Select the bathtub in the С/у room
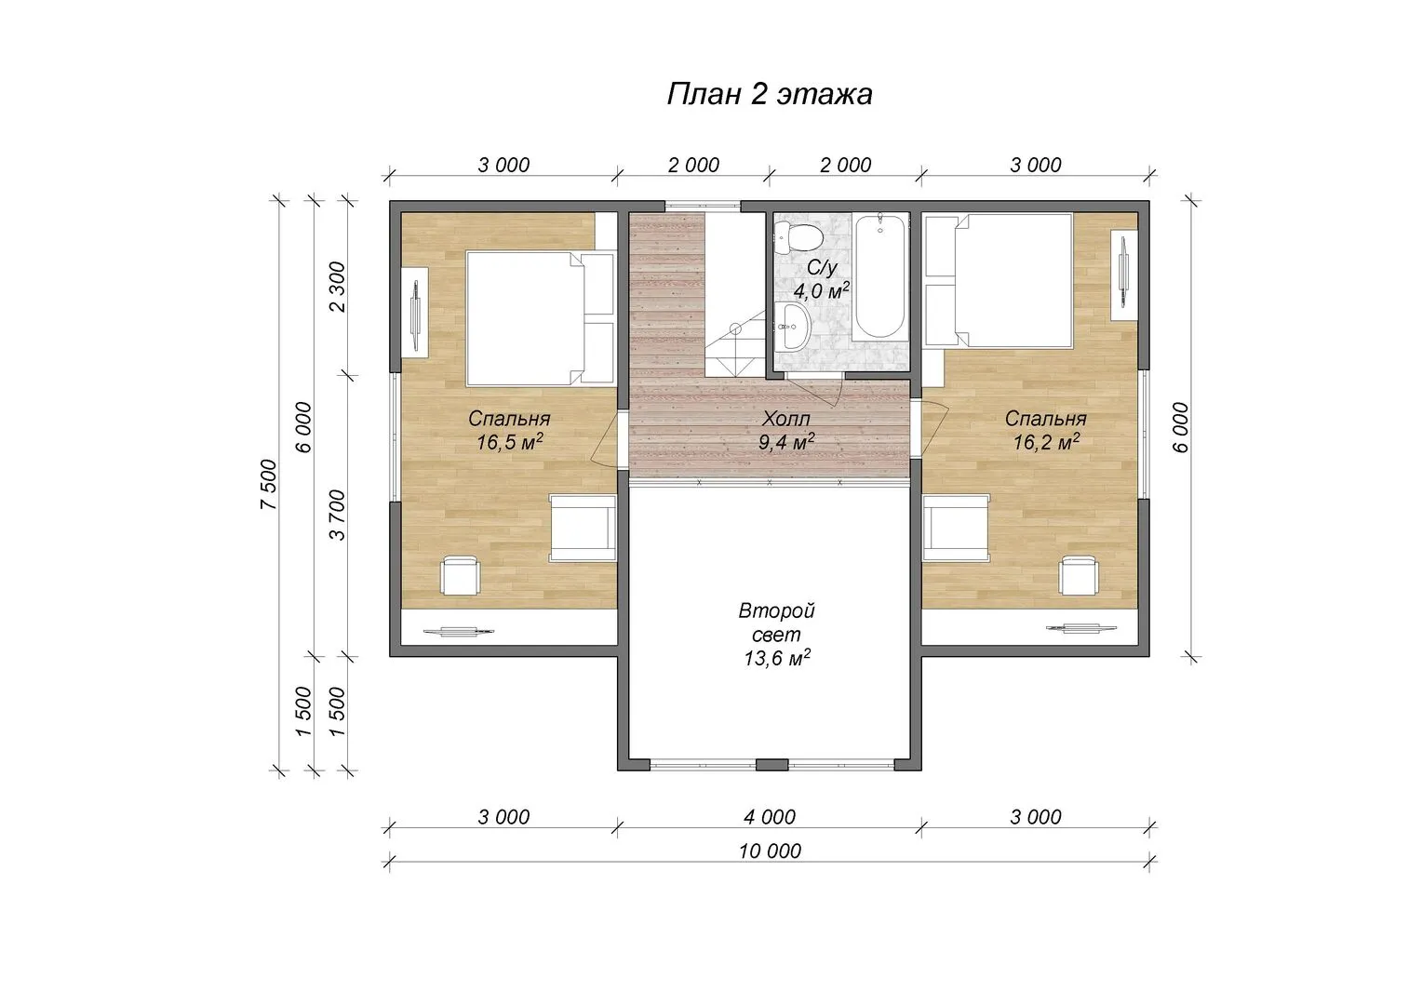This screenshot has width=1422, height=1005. tap(879, 275)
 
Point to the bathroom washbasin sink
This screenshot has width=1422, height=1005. tap(792, 326)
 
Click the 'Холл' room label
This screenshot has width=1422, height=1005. tap(785, 419)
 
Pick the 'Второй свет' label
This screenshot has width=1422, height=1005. tap(776, 623)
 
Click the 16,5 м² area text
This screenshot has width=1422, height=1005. tap(510, 442)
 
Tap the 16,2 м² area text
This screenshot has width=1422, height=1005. tap(1045, 442)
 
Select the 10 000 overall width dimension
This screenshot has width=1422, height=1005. tap(770, 851)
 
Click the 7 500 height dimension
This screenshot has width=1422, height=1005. tap(269, 484)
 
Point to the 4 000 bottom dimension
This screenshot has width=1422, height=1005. tap(770, 816)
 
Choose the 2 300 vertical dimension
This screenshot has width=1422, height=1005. tap(338, 287)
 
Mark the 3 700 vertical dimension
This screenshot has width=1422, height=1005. tap(338, 515)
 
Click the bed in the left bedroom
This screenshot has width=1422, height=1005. tap(541, 318)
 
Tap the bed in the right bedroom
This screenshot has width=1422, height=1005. tap(998, 281)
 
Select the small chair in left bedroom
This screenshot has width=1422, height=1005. tap(460, 575)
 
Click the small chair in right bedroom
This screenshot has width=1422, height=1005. tap(1079, 575)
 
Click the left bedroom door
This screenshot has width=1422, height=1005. tap(606, 438)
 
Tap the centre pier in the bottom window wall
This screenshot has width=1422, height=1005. tap(771, 764)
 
